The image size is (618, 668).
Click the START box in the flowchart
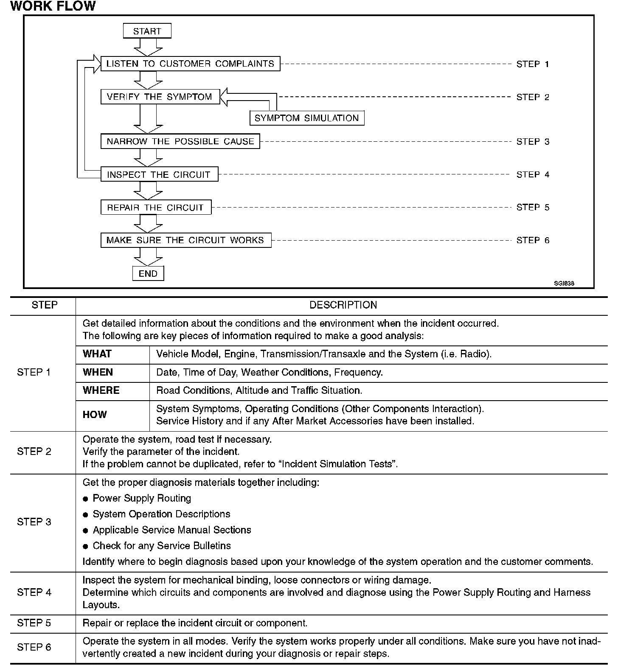147,31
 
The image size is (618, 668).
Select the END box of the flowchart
148,274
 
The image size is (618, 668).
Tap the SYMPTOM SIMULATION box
306,118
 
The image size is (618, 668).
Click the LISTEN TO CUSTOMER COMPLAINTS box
190,64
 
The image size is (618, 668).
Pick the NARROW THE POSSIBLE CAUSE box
180,141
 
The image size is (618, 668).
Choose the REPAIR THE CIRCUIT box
155,208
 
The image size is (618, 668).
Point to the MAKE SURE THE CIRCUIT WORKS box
185,240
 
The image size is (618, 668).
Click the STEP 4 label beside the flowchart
533,174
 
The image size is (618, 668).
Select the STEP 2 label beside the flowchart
533,97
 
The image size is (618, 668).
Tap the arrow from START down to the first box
148,47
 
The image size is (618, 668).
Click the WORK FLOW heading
53,6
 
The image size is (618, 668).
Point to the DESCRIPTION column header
343,305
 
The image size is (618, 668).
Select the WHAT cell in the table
97,354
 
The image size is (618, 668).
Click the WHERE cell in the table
101,390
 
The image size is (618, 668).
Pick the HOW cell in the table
95,415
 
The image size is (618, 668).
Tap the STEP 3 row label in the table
34,522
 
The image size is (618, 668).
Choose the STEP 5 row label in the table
34,623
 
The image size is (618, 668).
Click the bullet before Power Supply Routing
86,499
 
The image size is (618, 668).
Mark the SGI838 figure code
564,283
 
